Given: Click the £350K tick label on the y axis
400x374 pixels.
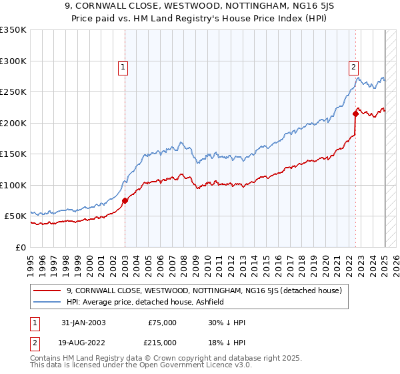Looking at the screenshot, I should [13, 30].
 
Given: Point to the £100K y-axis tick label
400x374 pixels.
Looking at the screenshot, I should [13, 185].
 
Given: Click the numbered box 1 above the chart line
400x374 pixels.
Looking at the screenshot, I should [124, 67].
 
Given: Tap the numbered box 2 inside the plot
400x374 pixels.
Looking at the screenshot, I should [353, 67].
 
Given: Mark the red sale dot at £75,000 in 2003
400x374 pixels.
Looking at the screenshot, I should [125, 200].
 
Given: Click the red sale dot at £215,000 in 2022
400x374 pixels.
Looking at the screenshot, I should [355, 114].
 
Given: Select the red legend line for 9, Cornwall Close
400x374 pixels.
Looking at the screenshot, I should [47, 291].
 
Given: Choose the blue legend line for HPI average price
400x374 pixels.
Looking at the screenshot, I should [47, 302].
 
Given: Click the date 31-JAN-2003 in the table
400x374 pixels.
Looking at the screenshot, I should [79, 323].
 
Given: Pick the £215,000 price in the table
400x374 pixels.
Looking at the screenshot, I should [162, 342].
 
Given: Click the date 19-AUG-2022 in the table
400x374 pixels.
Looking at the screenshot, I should [79, 342].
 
